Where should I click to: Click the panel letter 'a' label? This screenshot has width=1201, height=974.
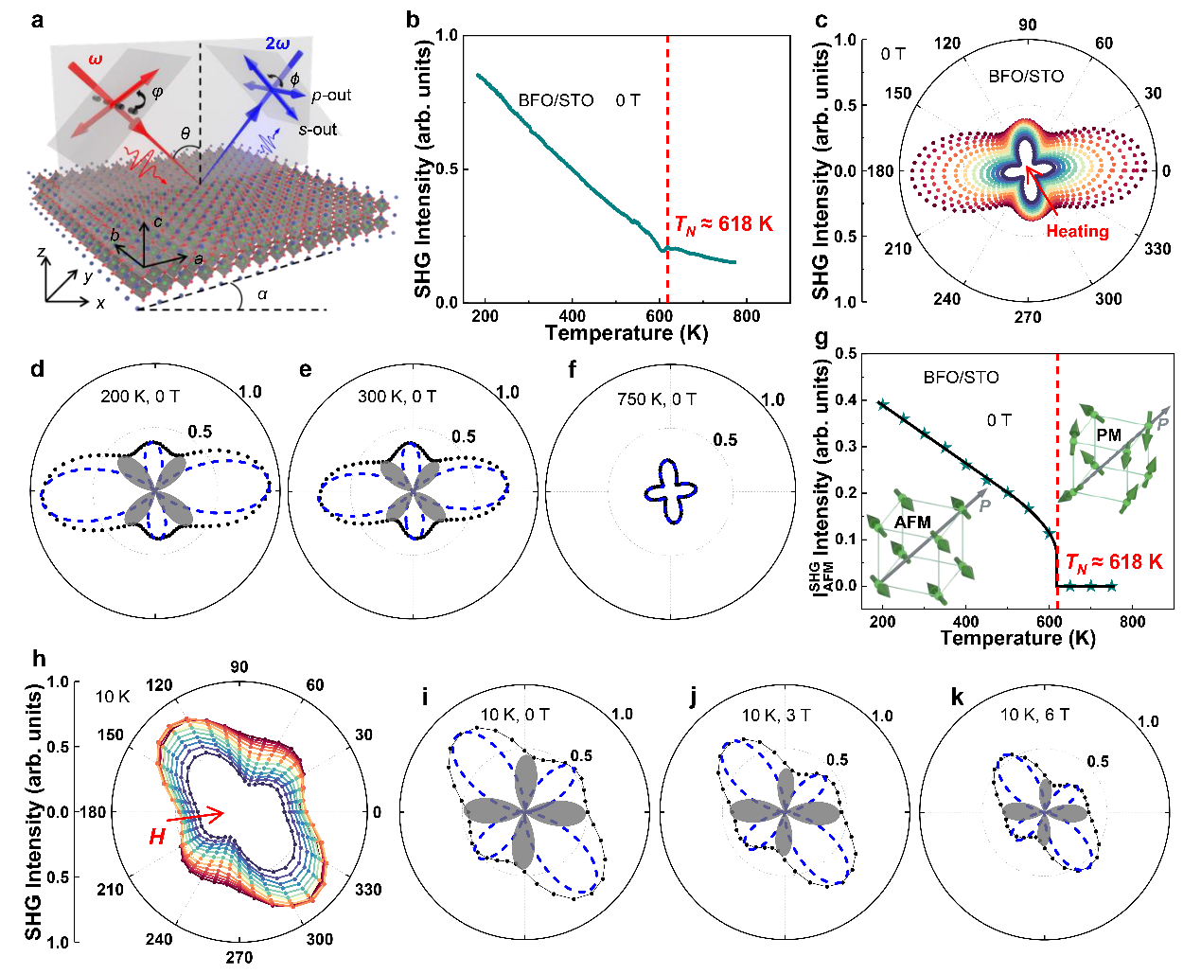37,19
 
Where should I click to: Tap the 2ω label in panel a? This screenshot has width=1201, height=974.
276,44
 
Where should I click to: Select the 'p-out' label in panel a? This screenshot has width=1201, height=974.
331,96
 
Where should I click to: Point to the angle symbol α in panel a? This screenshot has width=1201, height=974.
262,294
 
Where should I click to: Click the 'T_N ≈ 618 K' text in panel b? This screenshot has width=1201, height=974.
723,224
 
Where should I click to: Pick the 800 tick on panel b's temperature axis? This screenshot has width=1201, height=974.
746,316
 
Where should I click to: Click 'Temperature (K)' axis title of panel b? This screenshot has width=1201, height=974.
626,333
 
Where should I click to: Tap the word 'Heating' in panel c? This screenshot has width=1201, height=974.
1077,231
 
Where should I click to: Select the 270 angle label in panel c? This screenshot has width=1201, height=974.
1028,317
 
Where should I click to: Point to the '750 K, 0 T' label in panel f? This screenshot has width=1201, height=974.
657,399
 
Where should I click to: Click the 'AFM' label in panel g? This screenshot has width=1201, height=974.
912,522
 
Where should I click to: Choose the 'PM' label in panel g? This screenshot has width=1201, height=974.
1108,435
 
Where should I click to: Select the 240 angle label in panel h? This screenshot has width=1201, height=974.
158,939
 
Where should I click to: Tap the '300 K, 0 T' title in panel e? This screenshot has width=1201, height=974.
397,397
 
